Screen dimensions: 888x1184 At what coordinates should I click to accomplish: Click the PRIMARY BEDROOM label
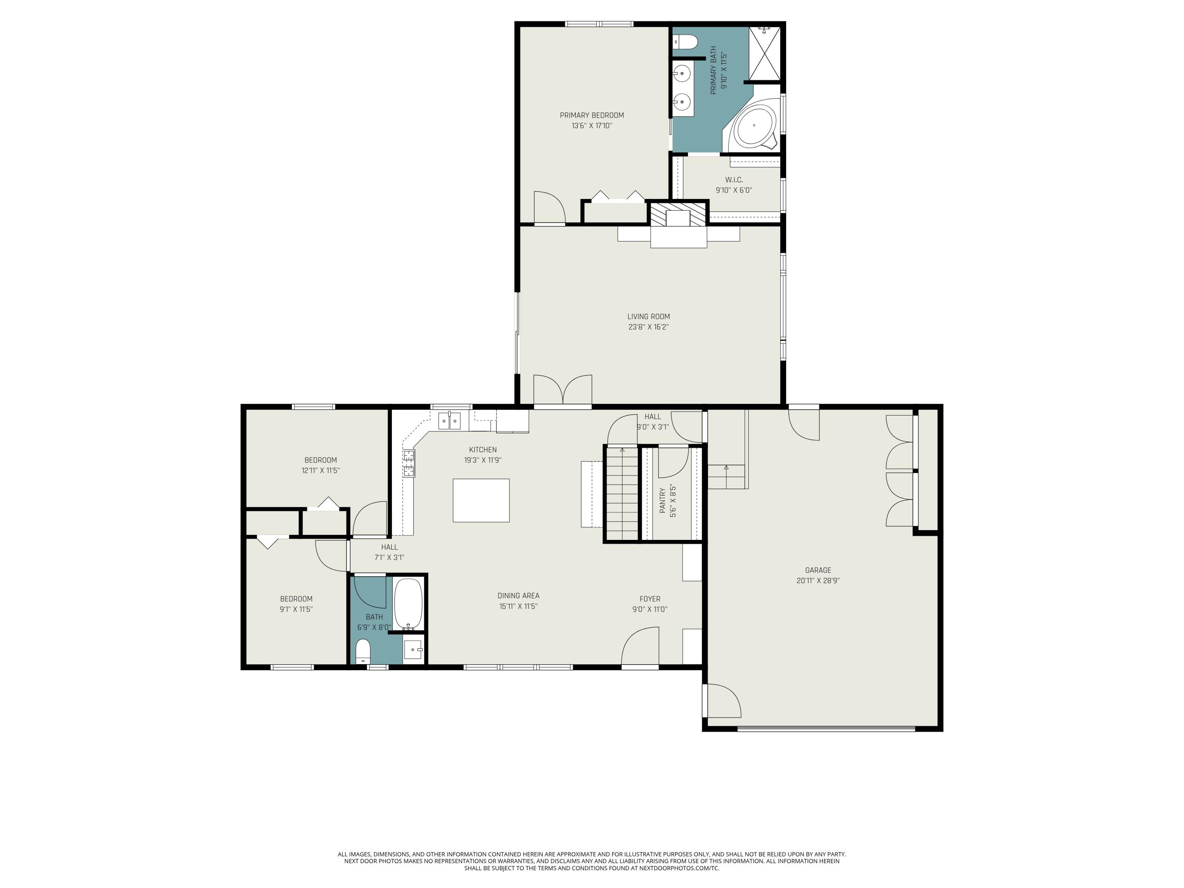pos(592,115)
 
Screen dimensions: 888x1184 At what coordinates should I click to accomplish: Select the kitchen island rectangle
pos(481,500)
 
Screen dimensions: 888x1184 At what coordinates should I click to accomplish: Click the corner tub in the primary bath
pos(754,126)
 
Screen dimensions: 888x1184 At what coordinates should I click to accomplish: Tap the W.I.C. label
pos(734,180)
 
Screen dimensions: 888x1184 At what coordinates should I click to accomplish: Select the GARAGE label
pos(818,570)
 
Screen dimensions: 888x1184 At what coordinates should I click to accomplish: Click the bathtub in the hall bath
pos(408,603)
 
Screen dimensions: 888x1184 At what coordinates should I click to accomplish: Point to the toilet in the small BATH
pos(363,650)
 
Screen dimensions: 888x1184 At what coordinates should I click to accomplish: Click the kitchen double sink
pos(449,421)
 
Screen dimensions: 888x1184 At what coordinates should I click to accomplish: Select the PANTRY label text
pos(662,500)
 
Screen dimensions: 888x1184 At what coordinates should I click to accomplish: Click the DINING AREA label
pos(518,596)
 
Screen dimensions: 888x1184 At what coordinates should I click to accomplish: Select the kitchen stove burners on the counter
pos(409,464)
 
